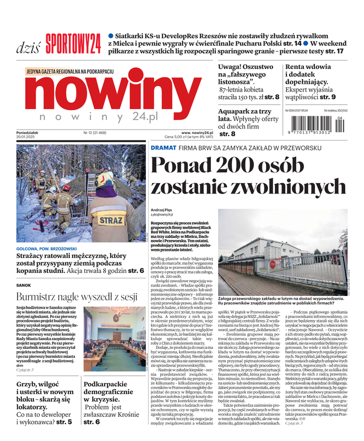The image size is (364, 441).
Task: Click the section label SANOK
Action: click(x=24, y=286)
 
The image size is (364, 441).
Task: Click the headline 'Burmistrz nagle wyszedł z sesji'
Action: click(x=77, y=297)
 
